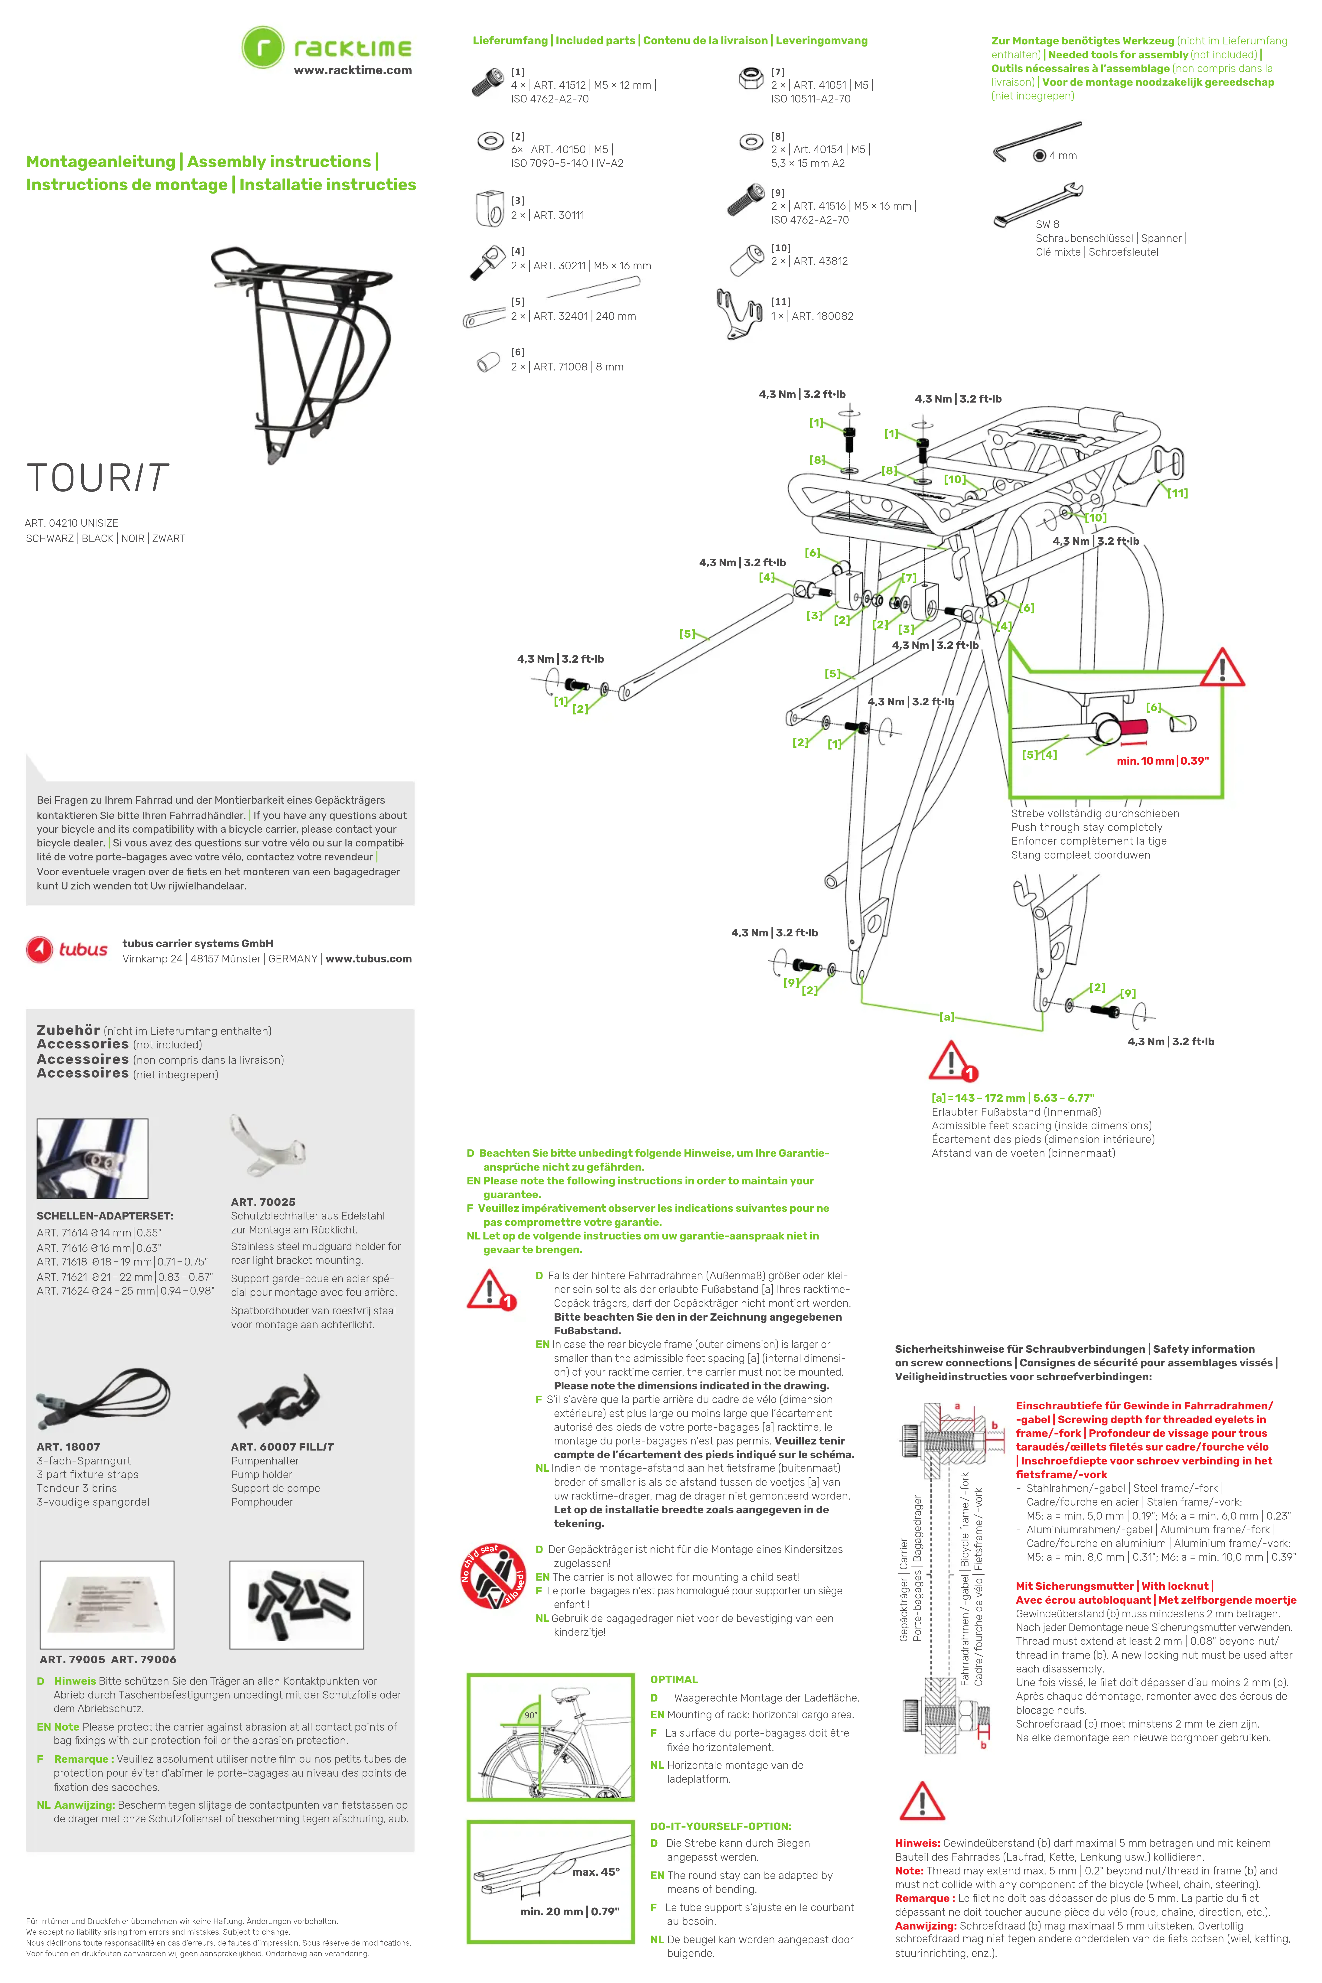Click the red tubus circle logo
(40, 949)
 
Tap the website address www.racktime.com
(352, 70)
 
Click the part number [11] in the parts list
(781, 302)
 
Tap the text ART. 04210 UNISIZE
(72, 523)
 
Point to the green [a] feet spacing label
(947, 1017)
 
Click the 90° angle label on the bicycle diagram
(530, 1716)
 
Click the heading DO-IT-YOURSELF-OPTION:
(720, 1826)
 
